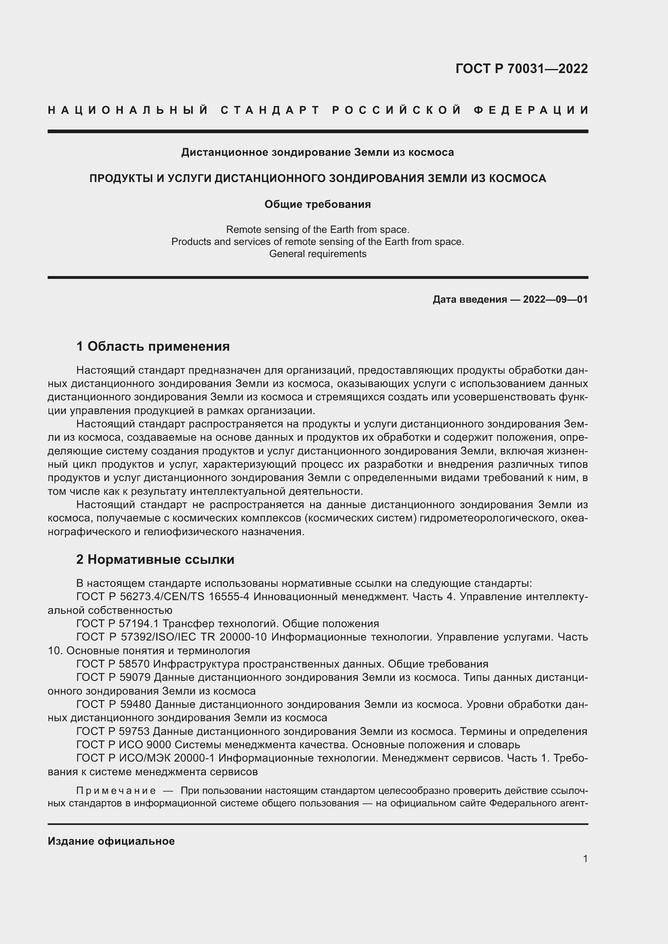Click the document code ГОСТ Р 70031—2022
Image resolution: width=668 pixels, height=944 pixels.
[x=521, y=69]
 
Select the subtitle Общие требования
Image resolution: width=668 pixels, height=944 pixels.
[x=317, y=204]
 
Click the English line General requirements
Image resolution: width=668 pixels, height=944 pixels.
[x=317, y=254]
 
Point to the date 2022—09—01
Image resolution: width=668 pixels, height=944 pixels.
[x=555, y=299]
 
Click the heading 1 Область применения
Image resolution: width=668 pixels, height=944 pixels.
[x=153, y=346]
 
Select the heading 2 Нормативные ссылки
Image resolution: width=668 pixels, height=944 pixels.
[x=155, y=559]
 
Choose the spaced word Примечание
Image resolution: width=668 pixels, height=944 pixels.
[x=116, y=791]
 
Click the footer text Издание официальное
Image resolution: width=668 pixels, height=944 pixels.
[x=111, y=841]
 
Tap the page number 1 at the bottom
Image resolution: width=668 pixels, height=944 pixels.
[x=585, y=858]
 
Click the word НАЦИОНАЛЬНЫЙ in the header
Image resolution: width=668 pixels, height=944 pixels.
[x=128, y=110]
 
